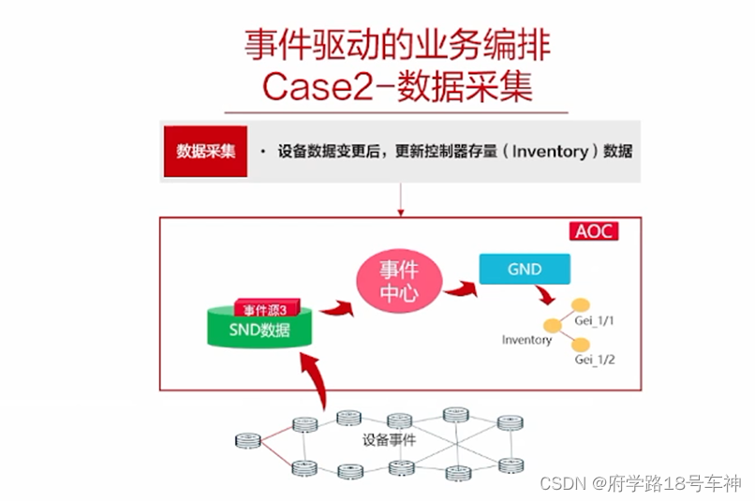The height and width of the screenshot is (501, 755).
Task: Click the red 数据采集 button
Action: click(205, 151)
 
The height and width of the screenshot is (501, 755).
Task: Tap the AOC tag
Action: click(593, 230)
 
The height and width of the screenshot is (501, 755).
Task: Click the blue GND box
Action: click(524, 269)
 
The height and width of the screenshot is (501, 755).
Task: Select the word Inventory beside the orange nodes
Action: click(526, 340)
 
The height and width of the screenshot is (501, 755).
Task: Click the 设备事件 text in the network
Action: click(389, 439)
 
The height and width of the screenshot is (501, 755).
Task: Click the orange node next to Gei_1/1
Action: click(582, 305)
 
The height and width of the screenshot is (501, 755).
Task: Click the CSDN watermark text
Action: click(560, 484)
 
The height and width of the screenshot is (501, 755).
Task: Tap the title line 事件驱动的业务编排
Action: click(398, 44)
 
